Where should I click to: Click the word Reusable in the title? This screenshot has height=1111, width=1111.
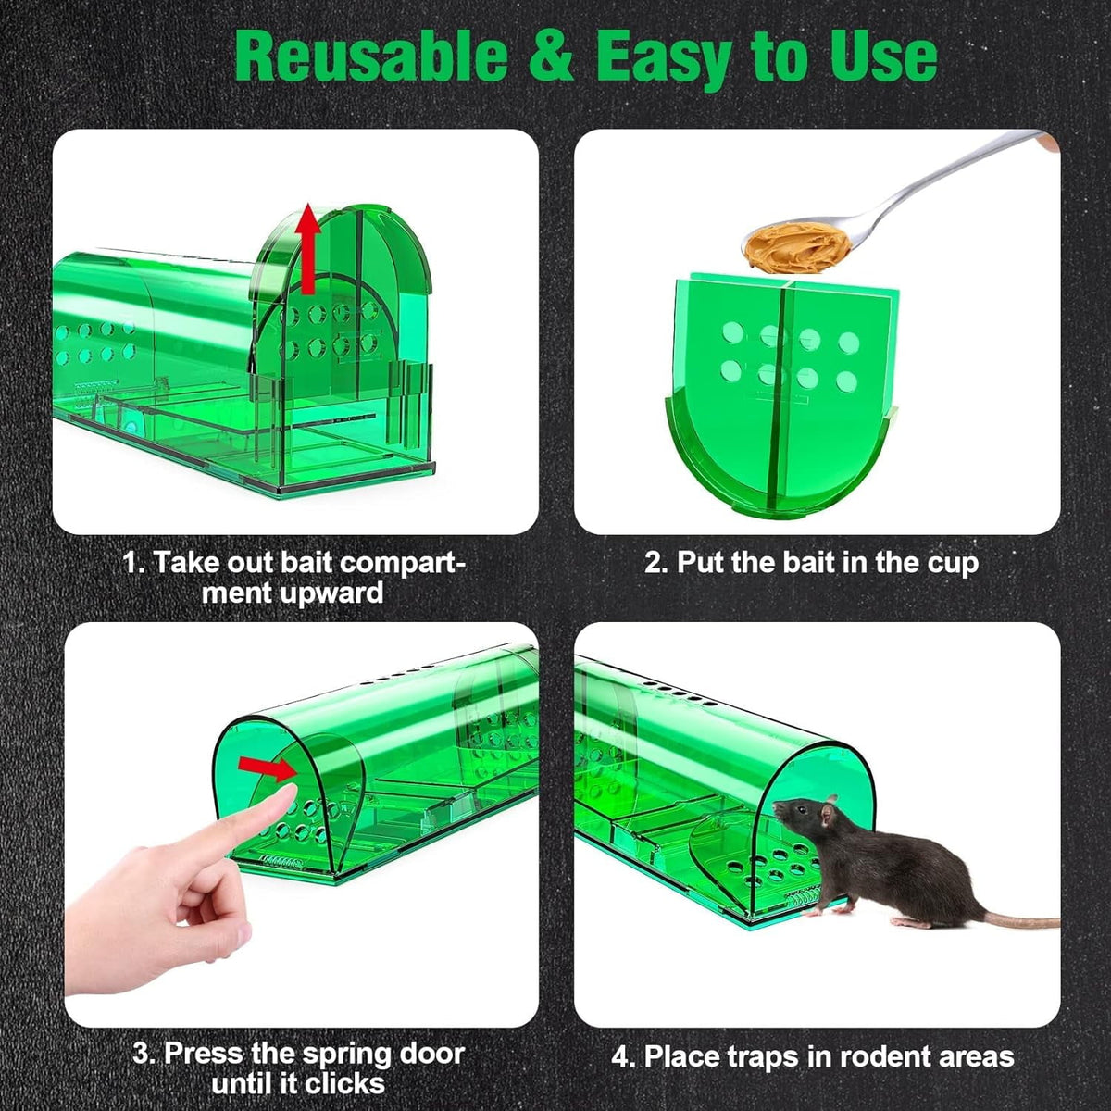click(370, 57)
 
